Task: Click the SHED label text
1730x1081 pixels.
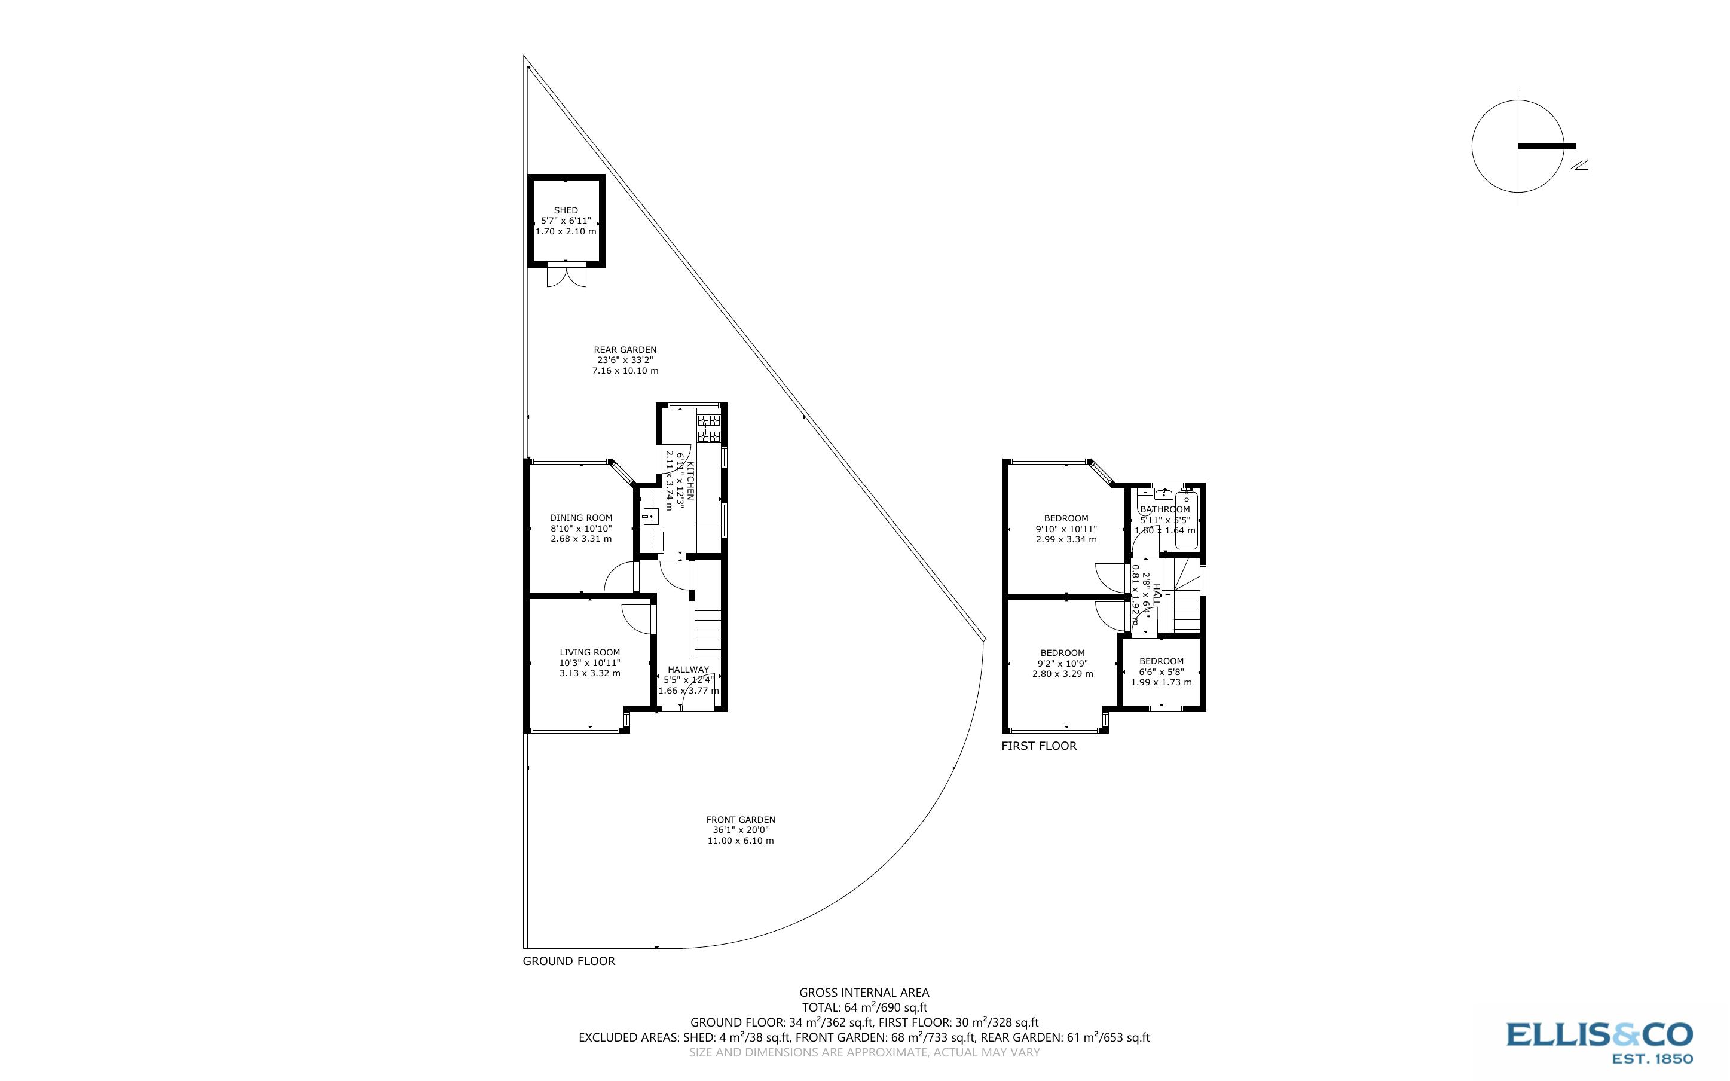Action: [566, 210]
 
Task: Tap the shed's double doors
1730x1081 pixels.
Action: [566, 276]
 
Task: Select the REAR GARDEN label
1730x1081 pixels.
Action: [625, 350]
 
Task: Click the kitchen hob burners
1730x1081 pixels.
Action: [709, 429]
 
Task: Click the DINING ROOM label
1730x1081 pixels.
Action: [581, 518]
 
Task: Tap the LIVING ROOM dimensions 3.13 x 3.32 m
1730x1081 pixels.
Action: [589, 673]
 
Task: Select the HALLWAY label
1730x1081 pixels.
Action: [688, 670]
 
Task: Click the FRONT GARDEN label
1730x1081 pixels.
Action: [740, 819]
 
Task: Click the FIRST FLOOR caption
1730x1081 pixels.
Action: [1038, 746]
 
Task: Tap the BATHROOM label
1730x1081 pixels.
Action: [1164, 509]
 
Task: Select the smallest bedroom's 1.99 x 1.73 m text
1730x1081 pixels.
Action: [1161, 682]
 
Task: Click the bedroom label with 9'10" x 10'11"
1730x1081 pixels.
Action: [1066, 518]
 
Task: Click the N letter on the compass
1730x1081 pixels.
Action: [1579, 166]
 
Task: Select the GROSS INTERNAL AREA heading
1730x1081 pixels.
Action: [864, 993]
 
